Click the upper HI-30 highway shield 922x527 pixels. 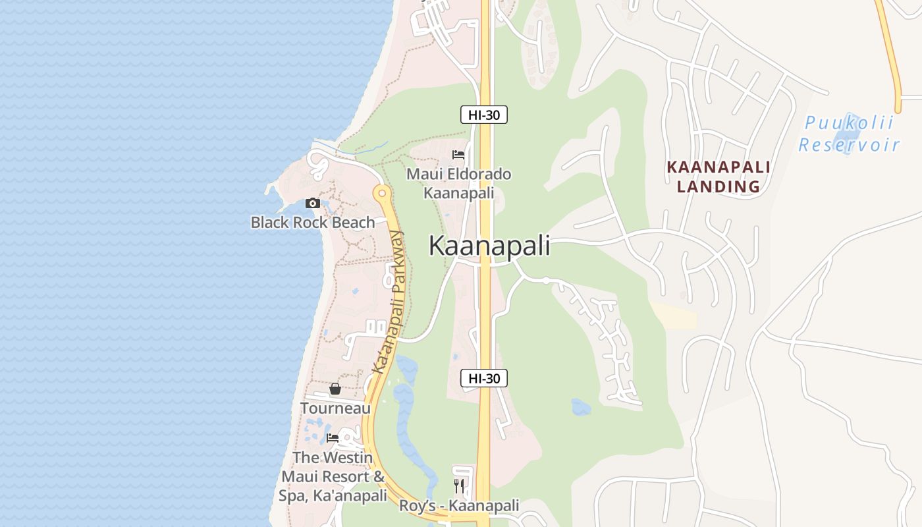483,115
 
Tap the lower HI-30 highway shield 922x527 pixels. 483,378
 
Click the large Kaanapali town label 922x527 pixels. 489,246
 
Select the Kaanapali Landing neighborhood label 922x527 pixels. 719,177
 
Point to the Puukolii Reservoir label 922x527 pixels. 849,134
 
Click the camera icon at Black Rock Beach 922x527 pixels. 313,204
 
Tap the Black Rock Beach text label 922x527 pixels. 313,223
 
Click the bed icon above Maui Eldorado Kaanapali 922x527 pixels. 458,155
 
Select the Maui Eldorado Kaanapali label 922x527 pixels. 458,184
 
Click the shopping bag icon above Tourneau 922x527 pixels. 335,389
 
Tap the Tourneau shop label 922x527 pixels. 335,408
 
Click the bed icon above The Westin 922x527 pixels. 333,438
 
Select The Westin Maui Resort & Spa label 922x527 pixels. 333,476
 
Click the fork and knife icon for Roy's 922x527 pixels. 459,486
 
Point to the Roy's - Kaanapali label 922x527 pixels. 459,506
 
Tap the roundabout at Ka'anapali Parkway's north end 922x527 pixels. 381,194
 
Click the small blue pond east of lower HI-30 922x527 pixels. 580,407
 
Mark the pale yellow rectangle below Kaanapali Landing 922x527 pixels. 675,318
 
